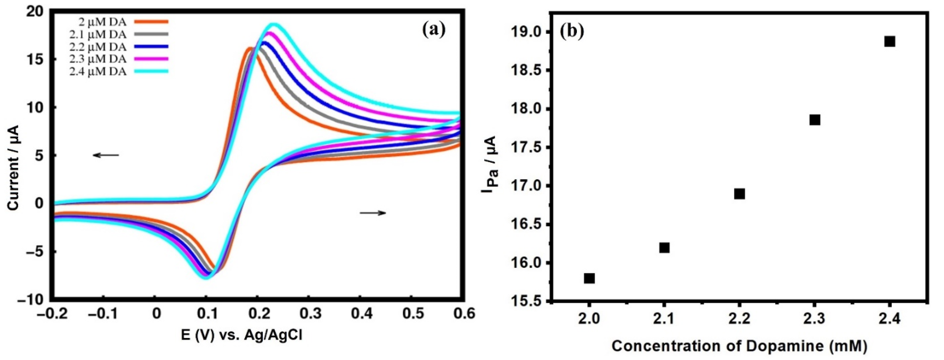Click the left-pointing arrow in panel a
[x=106, y=155]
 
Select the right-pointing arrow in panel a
[x=373, y=213]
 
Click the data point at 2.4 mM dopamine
[x=889, y=52]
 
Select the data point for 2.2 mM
[x=739, y=194]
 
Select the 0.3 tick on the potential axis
[x=310, y=314]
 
